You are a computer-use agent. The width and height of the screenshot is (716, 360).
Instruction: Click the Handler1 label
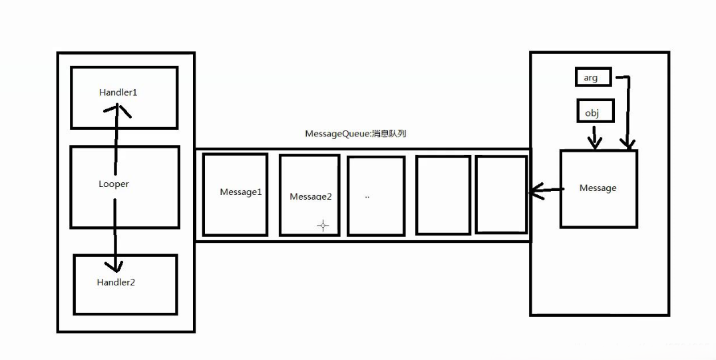(118, 92)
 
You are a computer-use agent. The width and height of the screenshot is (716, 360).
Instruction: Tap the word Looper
(113, 184)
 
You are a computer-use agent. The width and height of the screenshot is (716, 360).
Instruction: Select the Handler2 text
(116, 282)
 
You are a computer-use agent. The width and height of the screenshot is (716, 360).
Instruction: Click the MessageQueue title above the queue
(355, 134)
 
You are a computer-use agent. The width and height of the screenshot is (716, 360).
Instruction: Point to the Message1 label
(241, 192)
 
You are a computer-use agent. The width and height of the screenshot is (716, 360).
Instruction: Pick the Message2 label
(310, 196)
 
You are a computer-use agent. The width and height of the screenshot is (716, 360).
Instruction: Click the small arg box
(592, 78)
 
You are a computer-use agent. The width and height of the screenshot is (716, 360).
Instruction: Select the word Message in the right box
(598, 188)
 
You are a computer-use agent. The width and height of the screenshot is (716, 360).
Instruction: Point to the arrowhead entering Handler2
(116, 266)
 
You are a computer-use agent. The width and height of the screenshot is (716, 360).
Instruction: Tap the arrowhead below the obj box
(594, 142)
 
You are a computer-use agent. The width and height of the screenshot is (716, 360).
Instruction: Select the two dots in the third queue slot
(367, 198)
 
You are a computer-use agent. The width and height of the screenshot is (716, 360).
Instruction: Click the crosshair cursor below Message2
(323, 226)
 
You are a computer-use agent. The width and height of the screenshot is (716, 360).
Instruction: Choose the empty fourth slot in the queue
(443, 195)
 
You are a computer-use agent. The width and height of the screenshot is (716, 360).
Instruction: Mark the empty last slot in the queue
(501, 195)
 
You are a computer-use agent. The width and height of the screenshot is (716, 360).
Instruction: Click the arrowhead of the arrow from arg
(627, 143)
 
